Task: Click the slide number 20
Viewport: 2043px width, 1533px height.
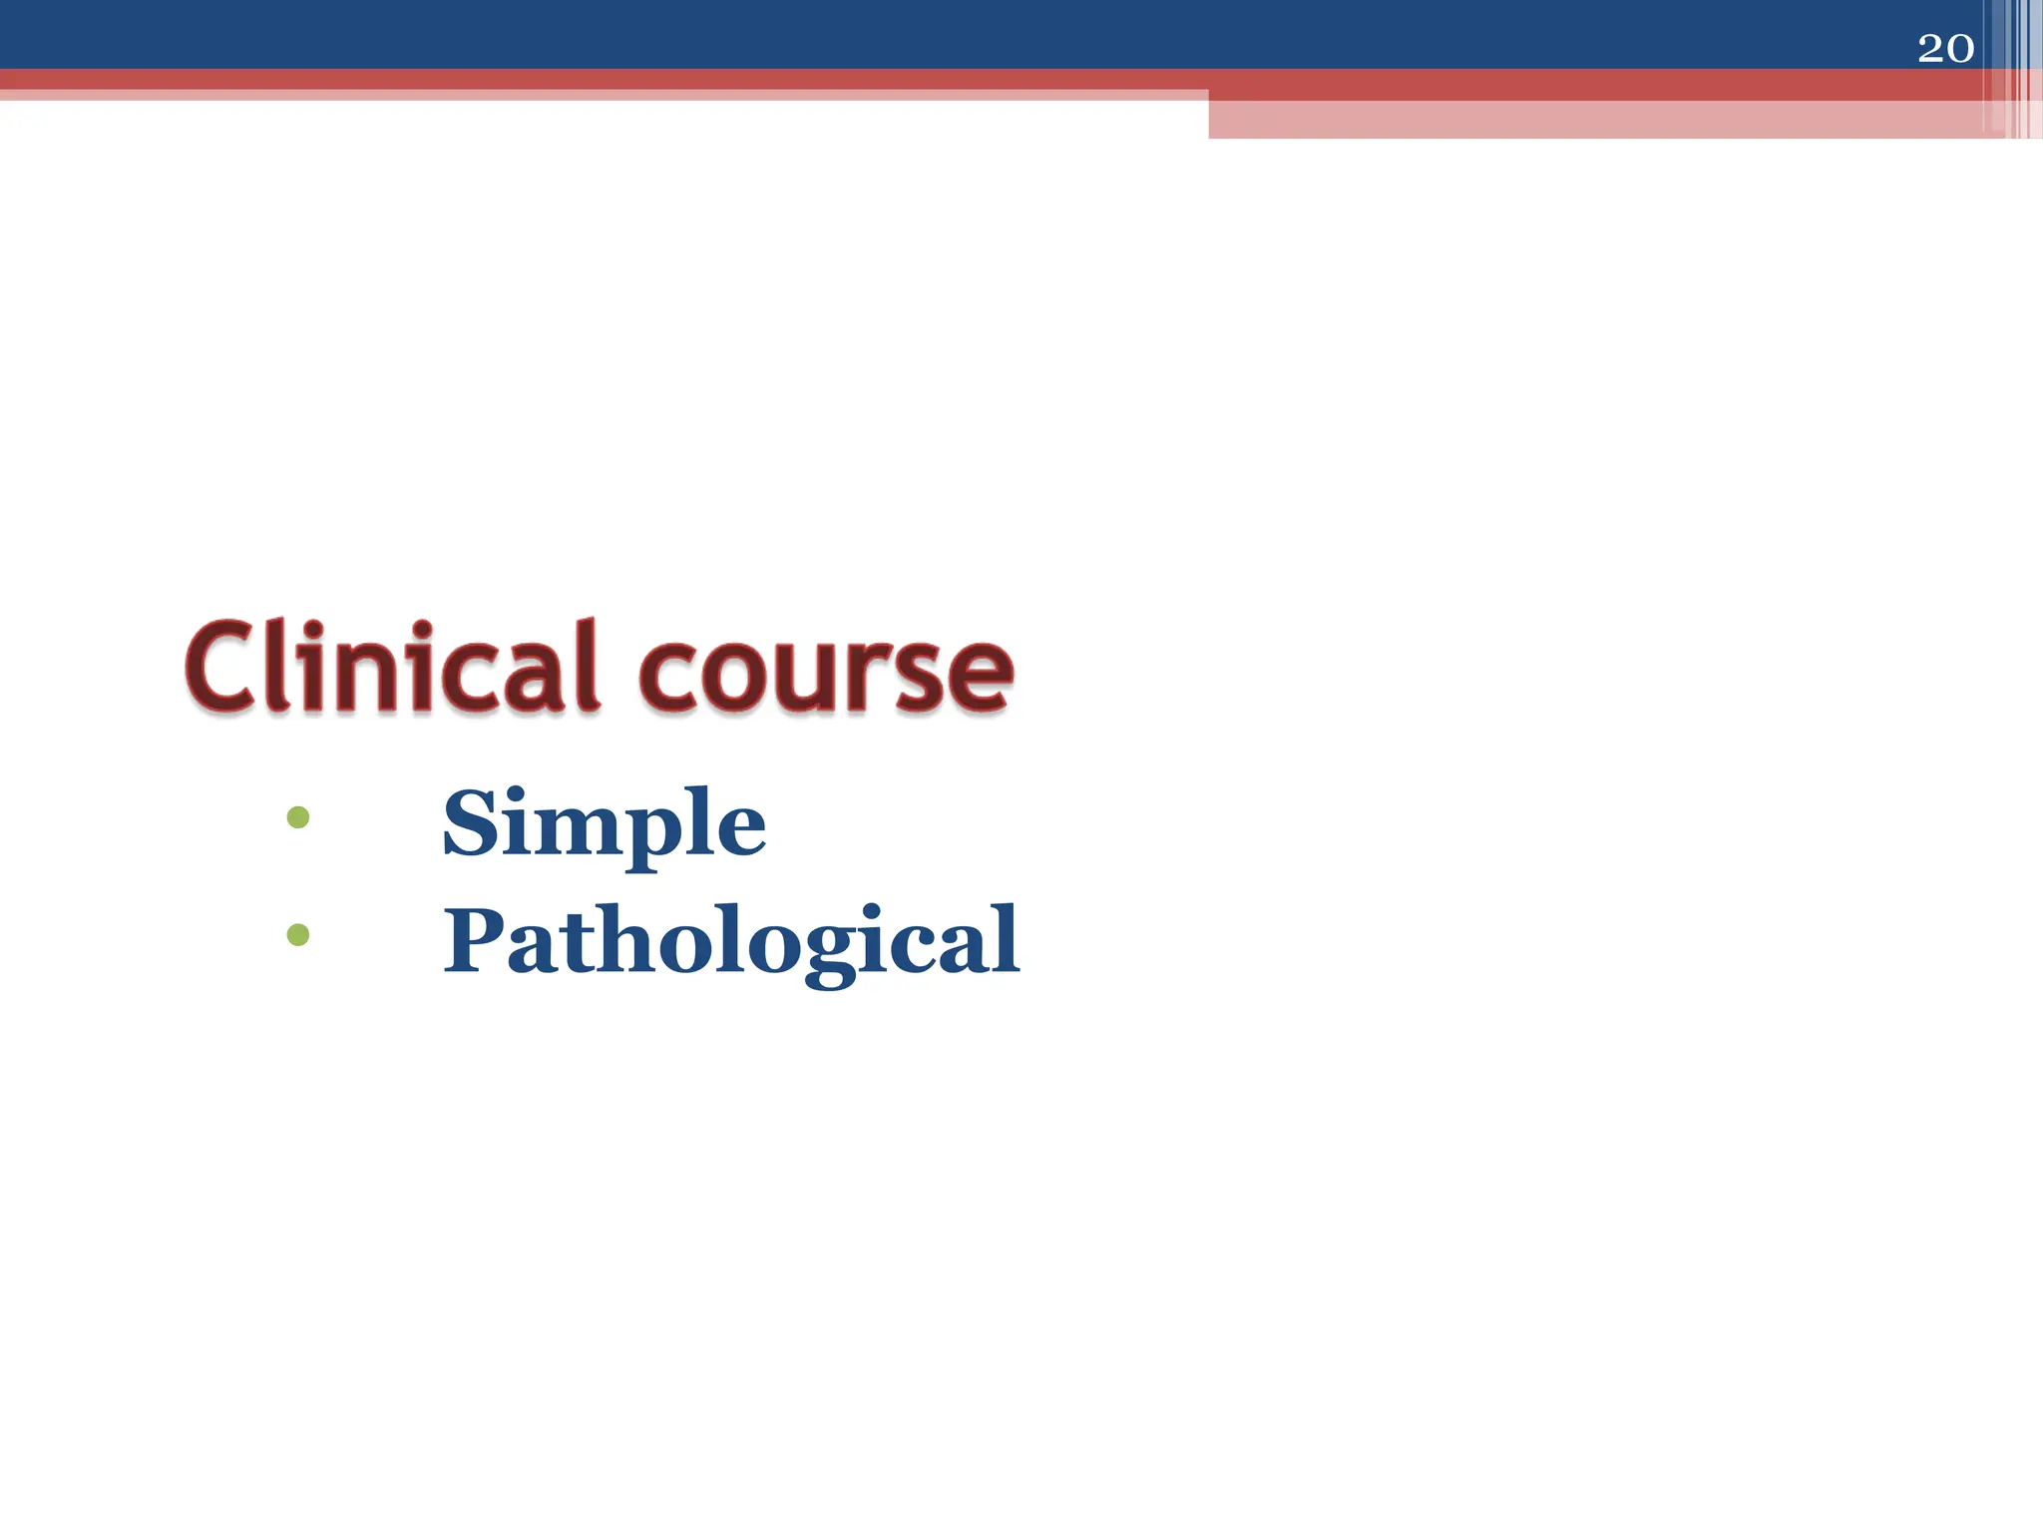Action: pos(1945,49)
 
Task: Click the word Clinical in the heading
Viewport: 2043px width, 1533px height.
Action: pos(392,667)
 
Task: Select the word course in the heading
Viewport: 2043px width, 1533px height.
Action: pos(826,671)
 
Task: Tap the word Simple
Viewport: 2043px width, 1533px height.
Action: pos(604,824)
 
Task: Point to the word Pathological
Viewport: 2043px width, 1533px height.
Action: pos(731,941)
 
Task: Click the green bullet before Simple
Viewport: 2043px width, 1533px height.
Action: pos(297,818)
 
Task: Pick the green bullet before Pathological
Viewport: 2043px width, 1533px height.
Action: pos(297,935)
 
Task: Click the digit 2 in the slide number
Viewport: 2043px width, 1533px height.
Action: pos(1930,49)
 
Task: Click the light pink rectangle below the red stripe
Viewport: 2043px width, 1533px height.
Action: pos(1596,119)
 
